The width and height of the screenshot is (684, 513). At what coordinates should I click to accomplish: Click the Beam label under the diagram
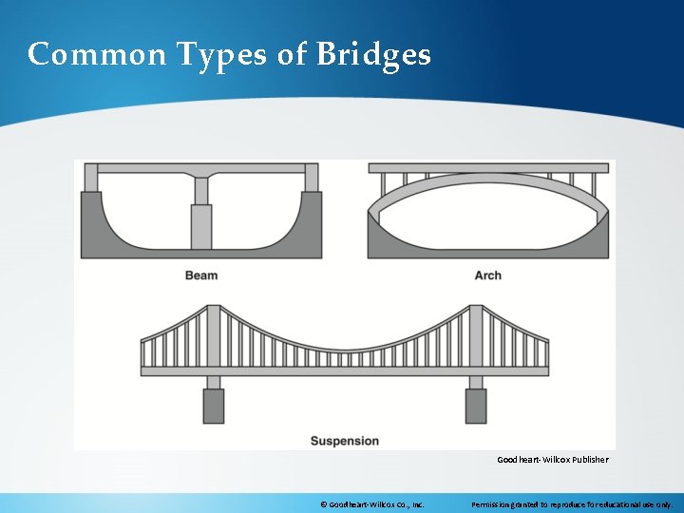[201, 275]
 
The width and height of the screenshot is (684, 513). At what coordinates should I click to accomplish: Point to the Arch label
[487, 275]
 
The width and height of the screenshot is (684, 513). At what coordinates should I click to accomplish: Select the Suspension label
[345, 441]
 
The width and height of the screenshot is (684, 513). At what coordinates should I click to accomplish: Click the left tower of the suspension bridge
[214, 337]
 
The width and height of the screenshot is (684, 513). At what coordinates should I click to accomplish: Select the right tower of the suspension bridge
[476, 337]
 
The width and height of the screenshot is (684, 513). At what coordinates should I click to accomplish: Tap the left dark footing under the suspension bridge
[214, 406]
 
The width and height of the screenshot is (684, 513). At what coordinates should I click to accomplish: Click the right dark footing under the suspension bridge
[476, 406]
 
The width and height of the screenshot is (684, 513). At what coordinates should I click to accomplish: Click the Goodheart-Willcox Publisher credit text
[552, 460]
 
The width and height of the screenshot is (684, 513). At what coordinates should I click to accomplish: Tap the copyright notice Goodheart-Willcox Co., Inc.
[370, 503]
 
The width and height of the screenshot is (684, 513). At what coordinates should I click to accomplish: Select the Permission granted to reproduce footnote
[572, 503]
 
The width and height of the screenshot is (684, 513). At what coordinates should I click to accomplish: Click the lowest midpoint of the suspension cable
[345, 349]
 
